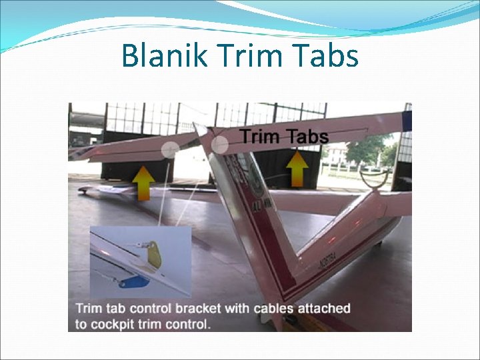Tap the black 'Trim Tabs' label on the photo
tap(285, 137)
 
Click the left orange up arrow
tap(143, 182)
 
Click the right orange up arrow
tap(298, 169)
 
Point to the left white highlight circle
tap(171, 149)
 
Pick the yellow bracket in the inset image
tap(154, 256)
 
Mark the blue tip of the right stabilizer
tap(407, 121)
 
